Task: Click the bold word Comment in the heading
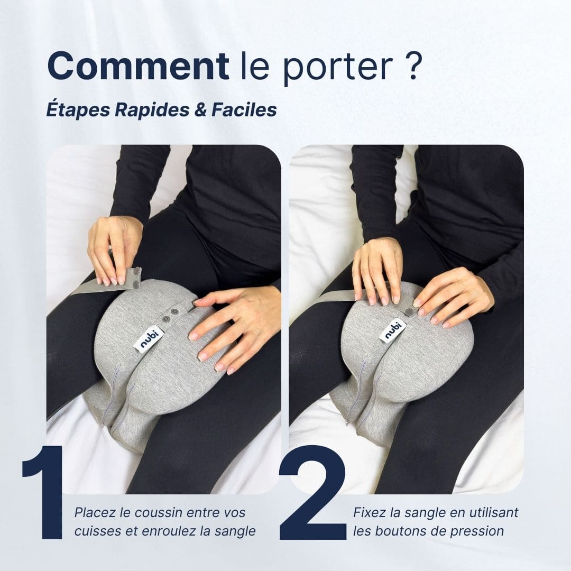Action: point(137,66)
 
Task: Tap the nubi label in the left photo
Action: point(149,339)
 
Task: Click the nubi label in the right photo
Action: point(392,331)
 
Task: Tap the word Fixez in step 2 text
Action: point(368,512)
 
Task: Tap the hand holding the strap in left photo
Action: point(114,248)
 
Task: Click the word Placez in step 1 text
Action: point(93,512)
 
